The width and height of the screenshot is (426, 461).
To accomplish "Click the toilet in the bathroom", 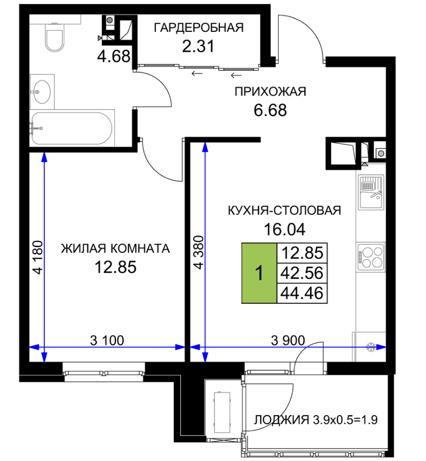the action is (55, 37).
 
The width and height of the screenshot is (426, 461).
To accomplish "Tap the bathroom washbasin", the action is (42, 92).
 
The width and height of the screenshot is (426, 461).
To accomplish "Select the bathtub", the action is (72, 128).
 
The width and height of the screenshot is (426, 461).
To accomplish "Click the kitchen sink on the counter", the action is (371, 192).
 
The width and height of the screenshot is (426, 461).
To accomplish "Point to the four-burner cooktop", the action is (371, 257).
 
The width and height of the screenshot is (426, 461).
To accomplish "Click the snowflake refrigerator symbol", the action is (370, 347).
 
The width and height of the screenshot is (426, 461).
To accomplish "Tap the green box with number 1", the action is (259, 273).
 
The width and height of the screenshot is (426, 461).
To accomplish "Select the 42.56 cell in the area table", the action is (302, 273).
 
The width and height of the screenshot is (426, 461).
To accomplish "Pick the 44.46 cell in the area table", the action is (302, 293).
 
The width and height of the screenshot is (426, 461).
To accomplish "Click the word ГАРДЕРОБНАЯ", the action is (199, 28).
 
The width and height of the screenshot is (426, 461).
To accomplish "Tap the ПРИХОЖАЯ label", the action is (271, 92).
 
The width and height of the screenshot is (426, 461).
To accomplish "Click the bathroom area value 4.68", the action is (114, 56).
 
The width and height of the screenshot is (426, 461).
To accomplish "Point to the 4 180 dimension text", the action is (38, 257).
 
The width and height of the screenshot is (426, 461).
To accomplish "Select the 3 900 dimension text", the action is (287, 341).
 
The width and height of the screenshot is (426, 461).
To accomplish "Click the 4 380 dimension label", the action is (199, 252).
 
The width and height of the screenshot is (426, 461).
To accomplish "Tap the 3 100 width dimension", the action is (107, 341).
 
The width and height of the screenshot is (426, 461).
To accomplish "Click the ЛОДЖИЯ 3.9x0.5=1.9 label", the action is (316, 420).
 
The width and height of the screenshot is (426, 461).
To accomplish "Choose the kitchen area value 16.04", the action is (284, 230).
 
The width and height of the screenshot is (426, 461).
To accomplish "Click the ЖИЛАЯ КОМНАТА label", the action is (115, 249).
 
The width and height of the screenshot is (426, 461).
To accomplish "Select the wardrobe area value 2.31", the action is (198, 46).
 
